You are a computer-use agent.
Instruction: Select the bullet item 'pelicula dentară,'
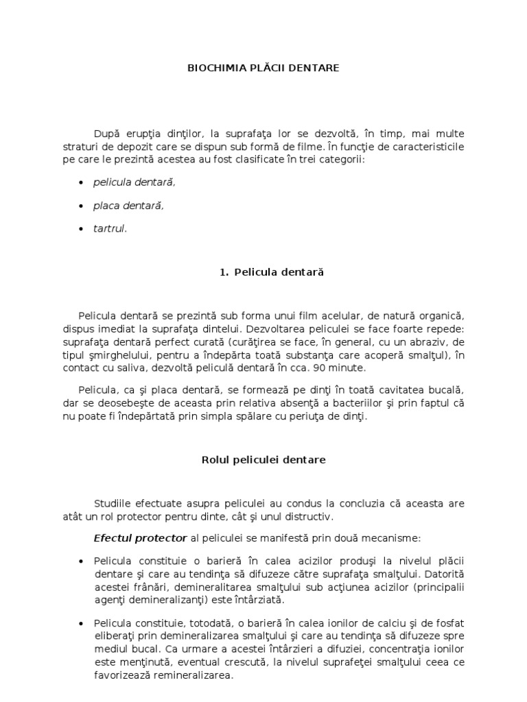click(x=134, y=182)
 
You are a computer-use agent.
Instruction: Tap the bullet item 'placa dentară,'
click(x=129, y=206)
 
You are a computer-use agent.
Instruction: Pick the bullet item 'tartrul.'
click(x=110, y=229)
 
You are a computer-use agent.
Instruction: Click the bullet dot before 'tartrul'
click(x=82, y=229)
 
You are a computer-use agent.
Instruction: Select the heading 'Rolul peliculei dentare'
click(x=263, y=460)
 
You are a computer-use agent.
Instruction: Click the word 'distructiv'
click(x=308, y=516)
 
